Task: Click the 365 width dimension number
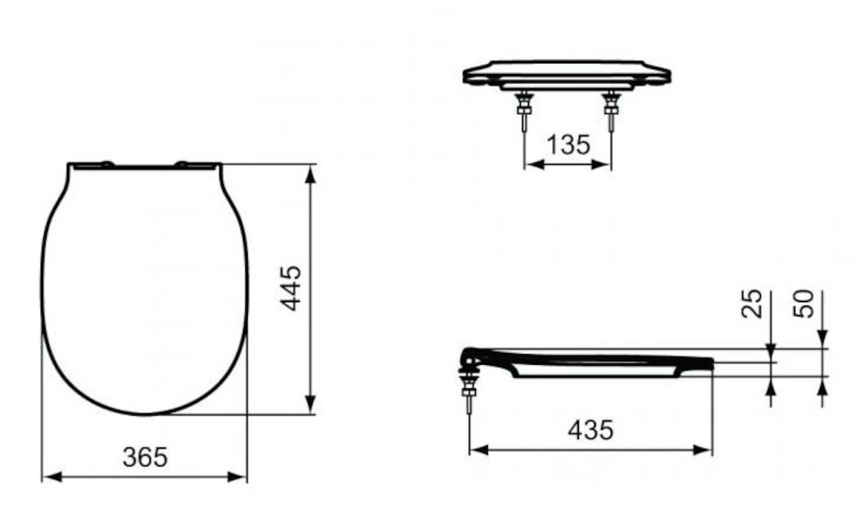pos(145,457)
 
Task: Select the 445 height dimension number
pos(291,289)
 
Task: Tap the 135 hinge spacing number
pos(569,145)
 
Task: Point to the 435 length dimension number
pos(591,430)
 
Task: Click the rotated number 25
pos(752,304)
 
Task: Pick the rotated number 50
pos(803,304)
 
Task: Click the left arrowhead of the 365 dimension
pos(52,477)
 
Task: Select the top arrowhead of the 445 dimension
pos(311,175)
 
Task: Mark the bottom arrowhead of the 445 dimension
pos(311,404)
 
